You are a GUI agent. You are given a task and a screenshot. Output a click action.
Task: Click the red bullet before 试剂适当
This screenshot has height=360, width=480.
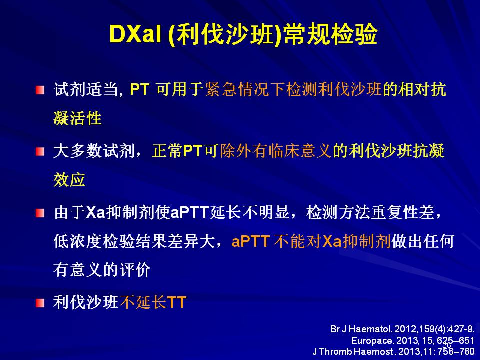[40, 90]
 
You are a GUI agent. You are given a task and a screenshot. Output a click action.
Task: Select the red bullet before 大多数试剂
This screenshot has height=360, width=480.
[40, 151]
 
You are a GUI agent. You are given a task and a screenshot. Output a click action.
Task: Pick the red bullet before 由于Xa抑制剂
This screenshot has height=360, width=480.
[40, 213]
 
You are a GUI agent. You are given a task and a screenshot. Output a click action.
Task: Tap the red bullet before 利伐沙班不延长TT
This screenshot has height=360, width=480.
[40, 303]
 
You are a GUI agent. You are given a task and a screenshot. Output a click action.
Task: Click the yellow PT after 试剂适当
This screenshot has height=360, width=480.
[140, 90]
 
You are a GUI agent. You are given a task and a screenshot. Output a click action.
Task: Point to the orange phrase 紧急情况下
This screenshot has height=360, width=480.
[245, 89]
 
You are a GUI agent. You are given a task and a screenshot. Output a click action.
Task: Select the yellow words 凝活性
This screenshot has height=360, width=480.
[78, 118]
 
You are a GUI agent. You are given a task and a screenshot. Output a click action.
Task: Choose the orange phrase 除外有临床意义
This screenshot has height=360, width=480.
[276, 151]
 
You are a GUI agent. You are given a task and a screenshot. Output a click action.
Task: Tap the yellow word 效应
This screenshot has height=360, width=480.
[69, 179]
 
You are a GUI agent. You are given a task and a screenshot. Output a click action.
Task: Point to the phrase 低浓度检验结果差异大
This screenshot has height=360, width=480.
[134, 241]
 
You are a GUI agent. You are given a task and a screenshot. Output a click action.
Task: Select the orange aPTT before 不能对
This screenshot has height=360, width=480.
[251, 241]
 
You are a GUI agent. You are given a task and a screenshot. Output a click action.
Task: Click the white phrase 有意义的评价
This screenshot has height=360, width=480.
[102, 270]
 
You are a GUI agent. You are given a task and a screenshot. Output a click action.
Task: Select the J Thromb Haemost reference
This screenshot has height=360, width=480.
[394, 351]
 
